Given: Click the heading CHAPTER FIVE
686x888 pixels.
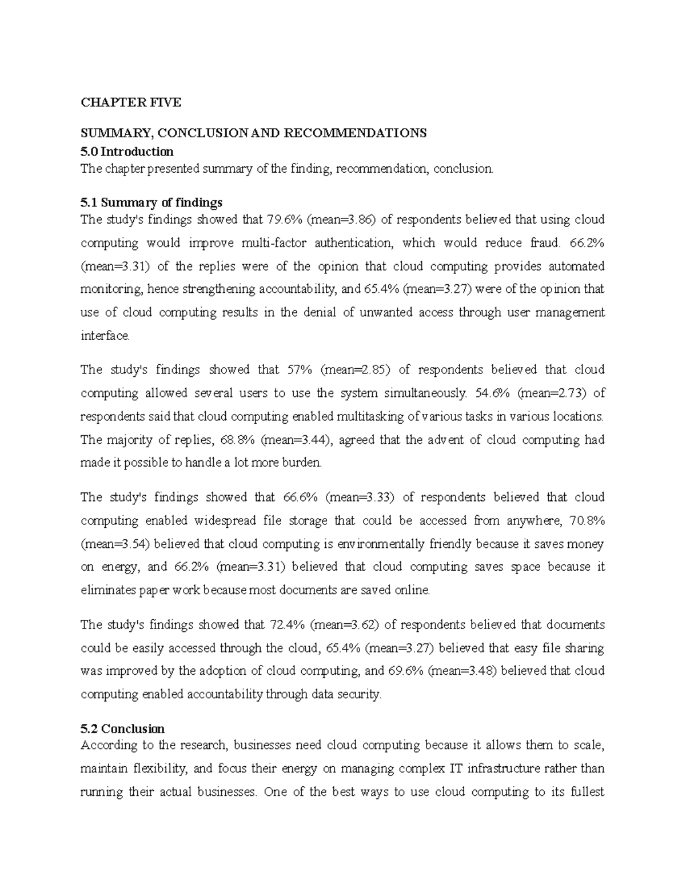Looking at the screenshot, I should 131,103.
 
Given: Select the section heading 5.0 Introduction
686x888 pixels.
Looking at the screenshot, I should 127,152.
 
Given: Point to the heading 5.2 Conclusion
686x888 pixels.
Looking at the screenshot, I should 123,729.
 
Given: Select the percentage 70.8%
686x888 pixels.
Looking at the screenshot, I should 586,521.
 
